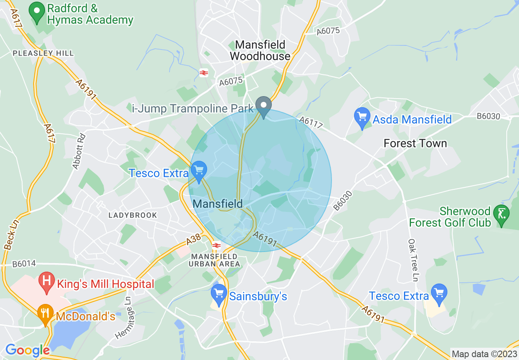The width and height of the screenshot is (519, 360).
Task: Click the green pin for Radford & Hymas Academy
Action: coord(37,12)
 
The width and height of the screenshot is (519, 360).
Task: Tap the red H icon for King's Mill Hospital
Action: coord(47,282)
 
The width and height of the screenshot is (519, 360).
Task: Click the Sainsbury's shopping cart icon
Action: coord(219,294)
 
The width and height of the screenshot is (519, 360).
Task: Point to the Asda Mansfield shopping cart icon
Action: coord(362,117)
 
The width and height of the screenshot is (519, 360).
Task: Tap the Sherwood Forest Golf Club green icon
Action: coord(501,214)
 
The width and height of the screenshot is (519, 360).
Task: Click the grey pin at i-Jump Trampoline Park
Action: coord(264,106)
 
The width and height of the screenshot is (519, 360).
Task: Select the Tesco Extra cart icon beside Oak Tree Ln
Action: coord(439,294)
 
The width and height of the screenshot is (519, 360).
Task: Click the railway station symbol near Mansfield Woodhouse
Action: coord(204,73)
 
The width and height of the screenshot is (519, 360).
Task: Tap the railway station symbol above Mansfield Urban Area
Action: coord(217,245)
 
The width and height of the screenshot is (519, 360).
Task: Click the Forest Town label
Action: coord(415,144)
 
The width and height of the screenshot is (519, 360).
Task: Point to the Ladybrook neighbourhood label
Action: coord(133,215)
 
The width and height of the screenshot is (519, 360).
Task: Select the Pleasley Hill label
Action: coord(43,53)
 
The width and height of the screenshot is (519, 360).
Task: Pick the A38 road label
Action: coord(194,240)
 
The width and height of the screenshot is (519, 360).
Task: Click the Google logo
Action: coord(27,350)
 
